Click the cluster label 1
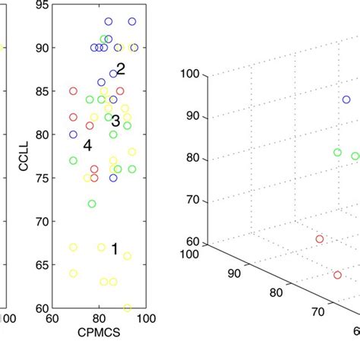click(x=115, y=249)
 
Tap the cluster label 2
click(x=120, y=69)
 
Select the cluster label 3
click(x=115, y=121)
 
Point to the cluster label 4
click(x=87, y=145)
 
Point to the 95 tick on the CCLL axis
click(x=42, y=5)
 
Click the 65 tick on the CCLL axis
click(x=42, y=265)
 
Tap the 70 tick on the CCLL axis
click(x=42, y=222)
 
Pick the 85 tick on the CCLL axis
click(x=42, y=91)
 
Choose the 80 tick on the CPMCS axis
click(x=99, y=318)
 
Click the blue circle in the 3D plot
click(x=346, y=99)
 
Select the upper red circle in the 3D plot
click(x=320, y=239)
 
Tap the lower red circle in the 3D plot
click(x=336, y=275)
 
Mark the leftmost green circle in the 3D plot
click(x=337, y=153)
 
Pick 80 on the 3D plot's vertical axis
click(x=193, y=158)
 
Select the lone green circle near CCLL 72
click(x=92, y=204)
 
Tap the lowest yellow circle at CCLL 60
click(x=127, y=308)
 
